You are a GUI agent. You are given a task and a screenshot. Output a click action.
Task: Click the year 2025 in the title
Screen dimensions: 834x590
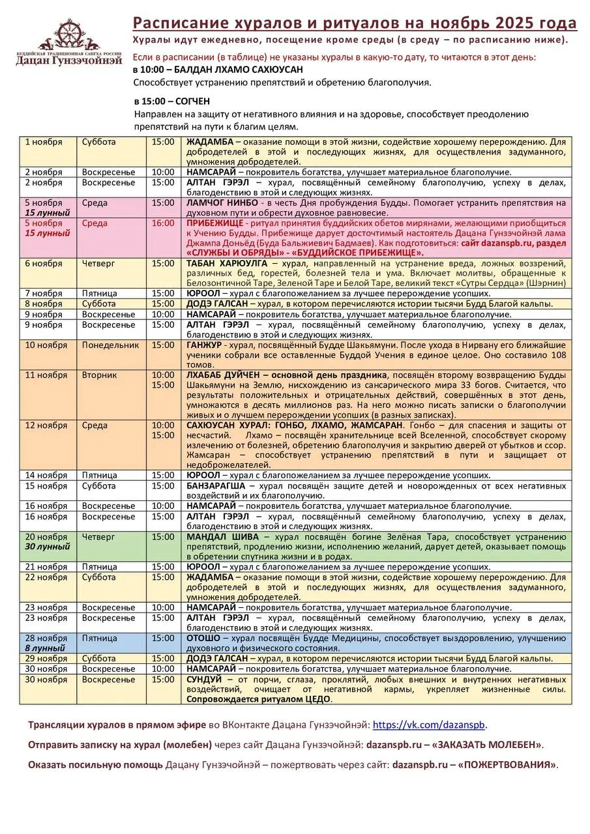click(x=515, y=24)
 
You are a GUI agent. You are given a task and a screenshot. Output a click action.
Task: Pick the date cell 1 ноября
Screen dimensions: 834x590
click(x=44, y=141)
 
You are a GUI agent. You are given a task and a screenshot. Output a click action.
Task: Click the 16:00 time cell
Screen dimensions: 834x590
click(x=163, y=223)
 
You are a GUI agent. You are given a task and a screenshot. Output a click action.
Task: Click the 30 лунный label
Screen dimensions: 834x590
click(x=47, y=547)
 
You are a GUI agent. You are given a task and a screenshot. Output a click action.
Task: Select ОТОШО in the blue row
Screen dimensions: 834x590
click(x=203, y=638)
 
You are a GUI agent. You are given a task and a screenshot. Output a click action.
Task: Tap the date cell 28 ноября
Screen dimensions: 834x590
click(x=46, y=638)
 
